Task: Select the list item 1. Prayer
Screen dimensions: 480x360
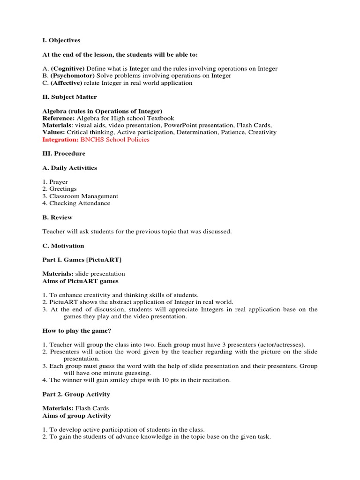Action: point(55,182)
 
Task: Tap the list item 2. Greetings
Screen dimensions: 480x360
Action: point(60,189)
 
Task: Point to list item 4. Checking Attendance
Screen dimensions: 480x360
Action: point(76,203)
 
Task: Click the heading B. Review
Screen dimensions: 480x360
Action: point(57,217)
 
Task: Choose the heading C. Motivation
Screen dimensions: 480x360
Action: point(63,246)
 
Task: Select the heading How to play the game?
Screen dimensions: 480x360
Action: point(76,330)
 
